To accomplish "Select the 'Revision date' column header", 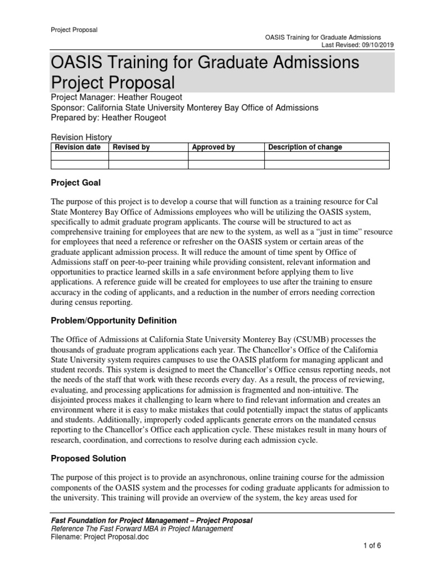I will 78,147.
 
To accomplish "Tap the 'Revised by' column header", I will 131,147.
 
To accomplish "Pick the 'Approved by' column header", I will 213,147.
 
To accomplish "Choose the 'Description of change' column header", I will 305,147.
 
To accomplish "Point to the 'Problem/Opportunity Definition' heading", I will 114,321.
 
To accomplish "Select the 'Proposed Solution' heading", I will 88,458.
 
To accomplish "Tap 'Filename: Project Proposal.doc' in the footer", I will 100,537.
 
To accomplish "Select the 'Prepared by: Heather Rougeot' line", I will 109,118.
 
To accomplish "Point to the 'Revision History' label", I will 81,137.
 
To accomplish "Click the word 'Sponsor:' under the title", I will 67,107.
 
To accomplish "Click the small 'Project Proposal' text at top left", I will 74,30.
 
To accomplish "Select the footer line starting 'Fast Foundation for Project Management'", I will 151,520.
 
